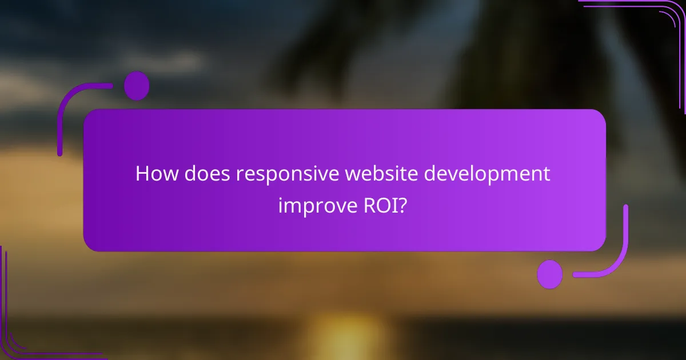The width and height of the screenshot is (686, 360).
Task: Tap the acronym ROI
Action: [380, 206]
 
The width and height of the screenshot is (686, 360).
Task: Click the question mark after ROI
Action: [403, 206]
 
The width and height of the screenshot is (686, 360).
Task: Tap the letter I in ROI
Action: [393, 206]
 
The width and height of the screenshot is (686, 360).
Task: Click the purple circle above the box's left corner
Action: [137, 86]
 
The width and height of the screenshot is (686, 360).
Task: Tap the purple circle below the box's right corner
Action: [550, 274]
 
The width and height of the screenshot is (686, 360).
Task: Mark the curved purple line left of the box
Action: [64, 114]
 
